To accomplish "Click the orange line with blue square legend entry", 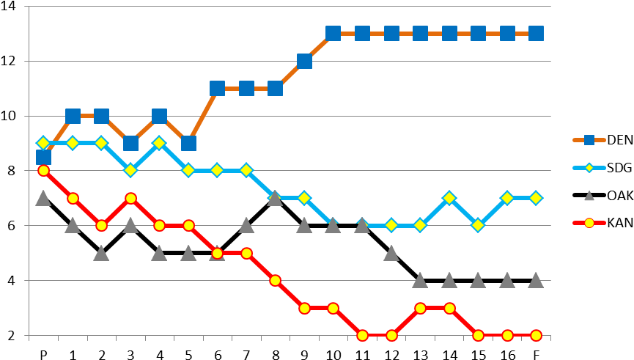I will (x=589, y=140).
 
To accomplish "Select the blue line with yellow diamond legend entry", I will (x=589, y=168).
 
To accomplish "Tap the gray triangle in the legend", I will (x=589, y=196).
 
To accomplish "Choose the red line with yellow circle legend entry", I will (x=589, y=223).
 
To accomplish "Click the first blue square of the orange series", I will (x=43, y=157).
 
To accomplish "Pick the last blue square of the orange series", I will (x=536, y=33).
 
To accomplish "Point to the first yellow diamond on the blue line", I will (x=43, y=143).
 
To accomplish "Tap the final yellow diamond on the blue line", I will (x=536, y=198).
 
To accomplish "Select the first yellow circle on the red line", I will (x=43, y=170).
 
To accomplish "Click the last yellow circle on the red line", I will (x=536, y=335).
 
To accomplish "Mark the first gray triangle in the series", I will (x=43, y=198).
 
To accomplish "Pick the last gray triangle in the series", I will (x=536, y=280).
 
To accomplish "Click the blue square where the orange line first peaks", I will (x=333, y=33).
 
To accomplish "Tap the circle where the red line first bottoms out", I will (x=362, y=335).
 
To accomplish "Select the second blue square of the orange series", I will (x=73, y=116).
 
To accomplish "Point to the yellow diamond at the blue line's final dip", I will (x=478, y=225).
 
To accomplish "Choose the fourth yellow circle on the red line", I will (x=130, y=198).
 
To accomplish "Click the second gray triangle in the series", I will (x=73, y=225).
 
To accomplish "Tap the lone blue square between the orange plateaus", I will (x=304, y=61).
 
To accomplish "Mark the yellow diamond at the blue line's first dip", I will (x=130, y=170).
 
